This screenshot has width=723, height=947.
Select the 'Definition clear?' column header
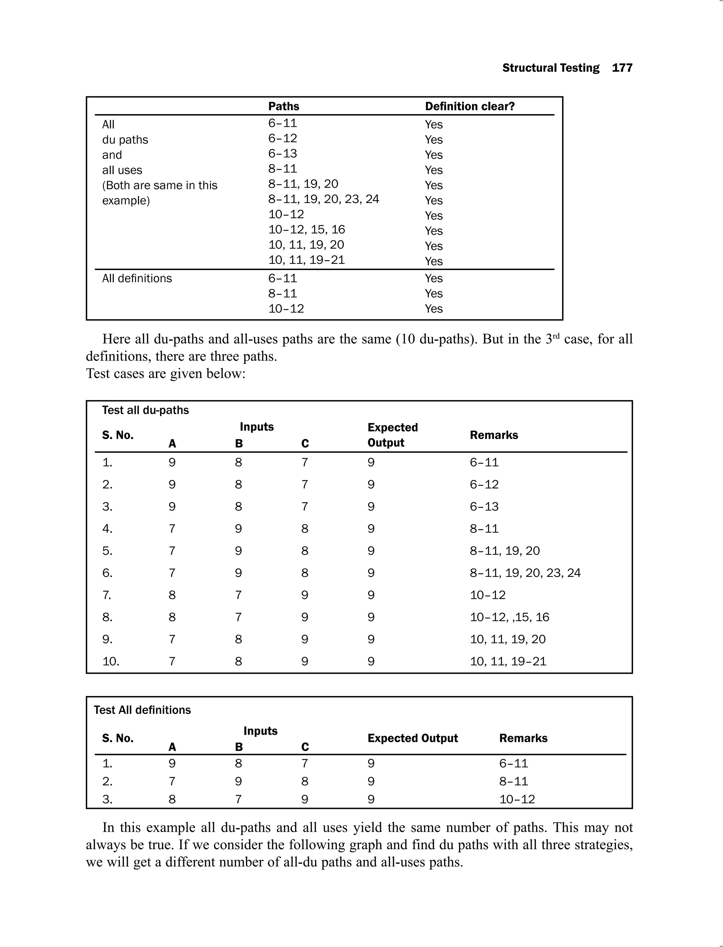pos(470,106)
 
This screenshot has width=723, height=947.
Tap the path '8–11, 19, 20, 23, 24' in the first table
pos(324,199)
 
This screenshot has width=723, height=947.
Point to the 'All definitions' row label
pos(137,278)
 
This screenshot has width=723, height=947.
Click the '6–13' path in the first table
pos(283,153)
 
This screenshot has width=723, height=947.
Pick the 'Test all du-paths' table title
pos(145,410)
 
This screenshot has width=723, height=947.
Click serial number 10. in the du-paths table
pos(110,661)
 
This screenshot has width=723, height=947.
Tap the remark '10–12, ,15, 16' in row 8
pos(509,617)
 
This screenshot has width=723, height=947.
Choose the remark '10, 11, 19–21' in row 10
pos(508,661)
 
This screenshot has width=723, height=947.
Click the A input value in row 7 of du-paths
pos(172,595)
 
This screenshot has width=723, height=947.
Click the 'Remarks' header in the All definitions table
pos(523,738)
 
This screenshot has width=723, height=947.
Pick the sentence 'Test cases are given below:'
pos(166,373)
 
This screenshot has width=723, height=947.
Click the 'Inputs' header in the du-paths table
pos(257,427)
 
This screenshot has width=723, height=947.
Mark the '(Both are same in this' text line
pos(160,185)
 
